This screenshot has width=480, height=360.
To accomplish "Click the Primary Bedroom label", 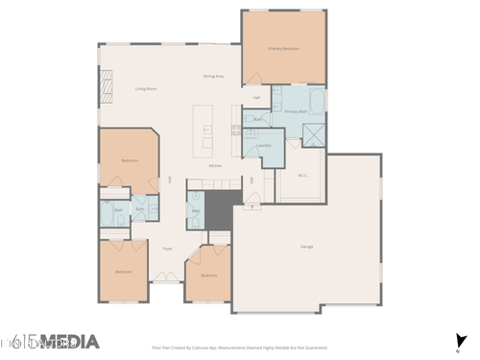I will [x=283, y=47].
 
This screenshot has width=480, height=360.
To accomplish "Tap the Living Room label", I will [x=146, y=88].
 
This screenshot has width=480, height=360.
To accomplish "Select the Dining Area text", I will [x=213, y=75].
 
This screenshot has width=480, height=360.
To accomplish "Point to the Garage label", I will [x=307, y=247].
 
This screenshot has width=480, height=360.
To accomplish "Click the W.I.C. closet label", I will [x=302, y=175].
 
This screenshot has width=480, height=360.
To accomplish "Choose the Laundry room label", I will [x=262, y=145].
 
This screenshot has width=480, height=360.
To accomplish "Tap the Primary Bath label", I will [x=297, y=111].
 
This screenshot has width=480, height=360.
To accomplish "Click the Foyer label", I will [x=167, y=248].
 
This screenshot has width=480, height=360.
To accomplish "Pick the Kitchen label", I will [x=217, y=165].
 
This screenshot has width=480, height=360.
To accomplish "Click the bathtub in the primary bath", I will [x=315, y=99].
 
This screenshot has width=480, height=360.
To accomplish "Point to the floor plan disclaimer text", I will [x=240, y=348].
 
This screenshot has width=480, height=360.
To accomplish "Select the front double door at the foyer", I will [x=166, y=279].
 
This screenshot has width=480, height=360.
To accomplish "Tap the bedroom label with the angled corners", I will [x=130, y=160].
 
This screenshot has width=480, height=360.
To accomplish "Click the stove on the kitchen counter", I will [x=237, y=130].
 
